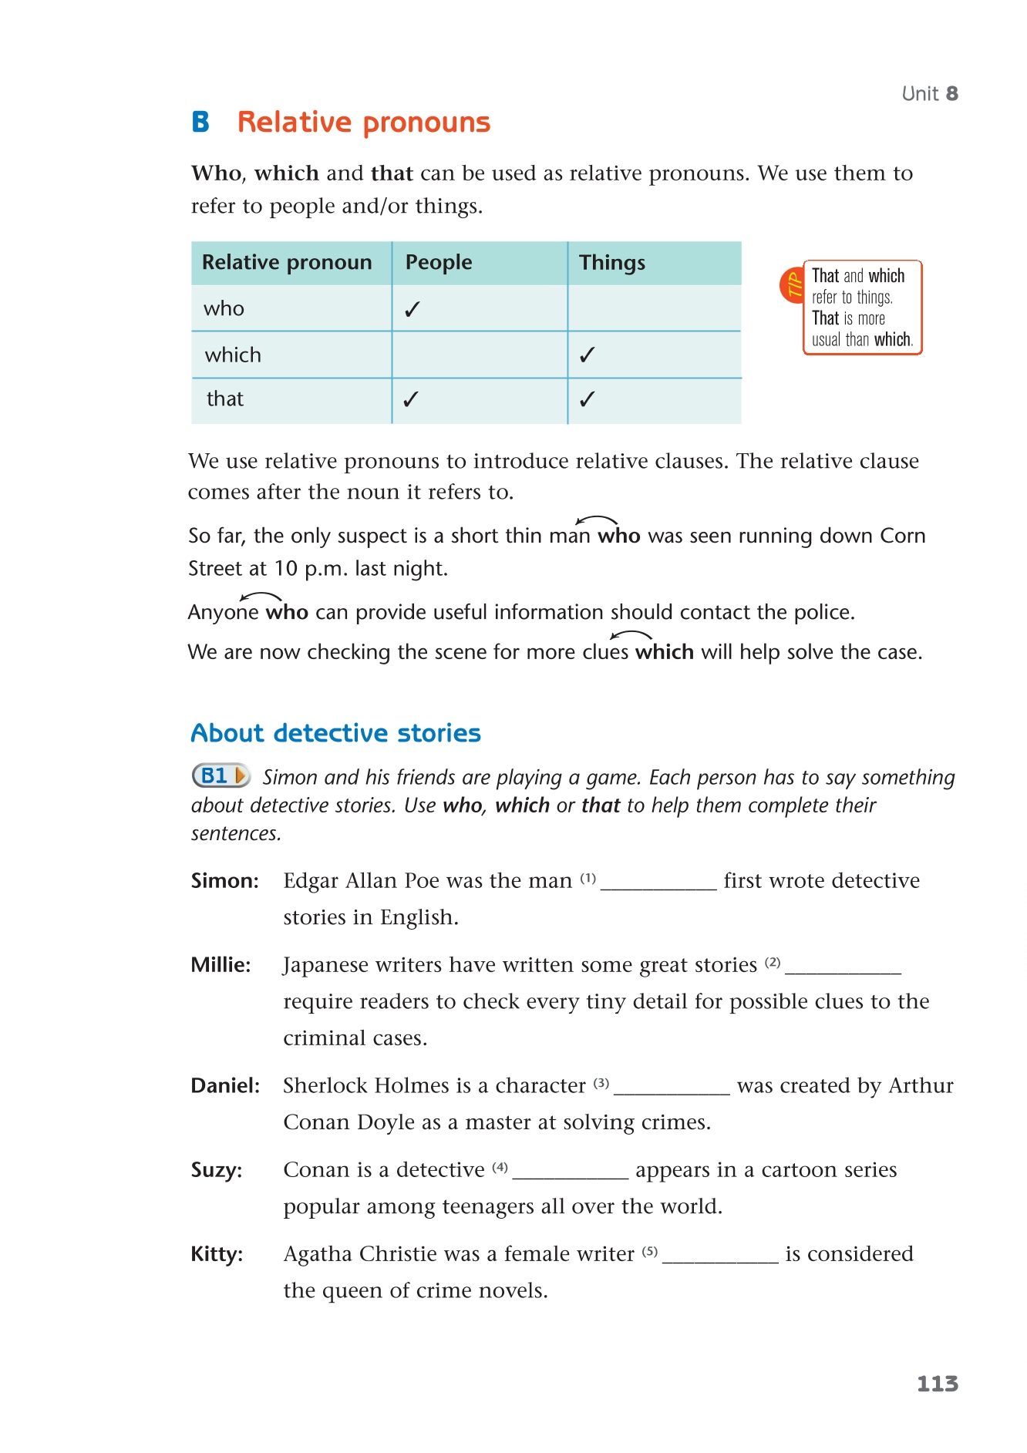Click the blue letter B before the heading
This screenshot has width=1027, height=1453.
(x=200, y=122)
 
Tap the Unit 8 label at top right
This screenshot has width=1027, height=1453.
(x=930, y=94)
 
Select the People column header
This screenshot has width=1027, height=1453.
(x=439, y=263)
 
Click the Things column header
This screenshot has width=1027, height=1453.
(x=612, y=263)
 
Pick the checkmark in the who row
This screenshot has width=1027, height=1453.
(x=412, y=309)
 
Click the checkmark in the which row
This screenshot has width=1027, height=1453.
(x=588, y=355)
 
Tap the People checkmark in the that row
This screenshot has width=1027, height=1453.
(x=411, y=399)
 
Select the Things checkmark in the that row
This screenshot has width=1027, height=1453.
(x=588, y=399)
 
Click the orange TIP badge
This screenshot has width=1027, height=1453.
(x=793, y=285)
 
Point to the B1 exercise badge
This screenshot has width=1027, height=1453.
(x=221, y=775)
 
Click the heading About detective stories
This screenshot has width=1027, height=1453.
(x=335, y=733)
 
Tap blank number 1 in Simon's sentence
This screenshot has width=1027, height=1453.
(x=658, y=882)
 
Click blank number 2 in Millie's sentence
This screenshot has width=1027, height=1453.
(x=843, y=966)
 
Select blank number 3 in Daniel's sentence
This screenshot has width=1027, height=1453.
(x=672, y=1087)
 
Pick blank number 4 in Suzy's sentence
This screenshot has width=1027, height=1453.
(x=571, y=1171)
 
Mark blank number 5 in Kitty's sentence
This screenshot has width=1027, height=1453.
(x=720, y=1255)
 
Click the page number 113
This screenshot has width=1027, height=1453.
(x=937, y=1384)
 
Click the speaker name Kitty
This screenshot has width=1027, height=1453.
(x=217, y=1255)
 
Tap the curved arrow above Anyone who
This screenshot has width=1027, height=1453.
(x=261, y=597)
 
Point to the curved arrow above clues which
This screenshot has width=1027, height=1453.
(x=631, y=635)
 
